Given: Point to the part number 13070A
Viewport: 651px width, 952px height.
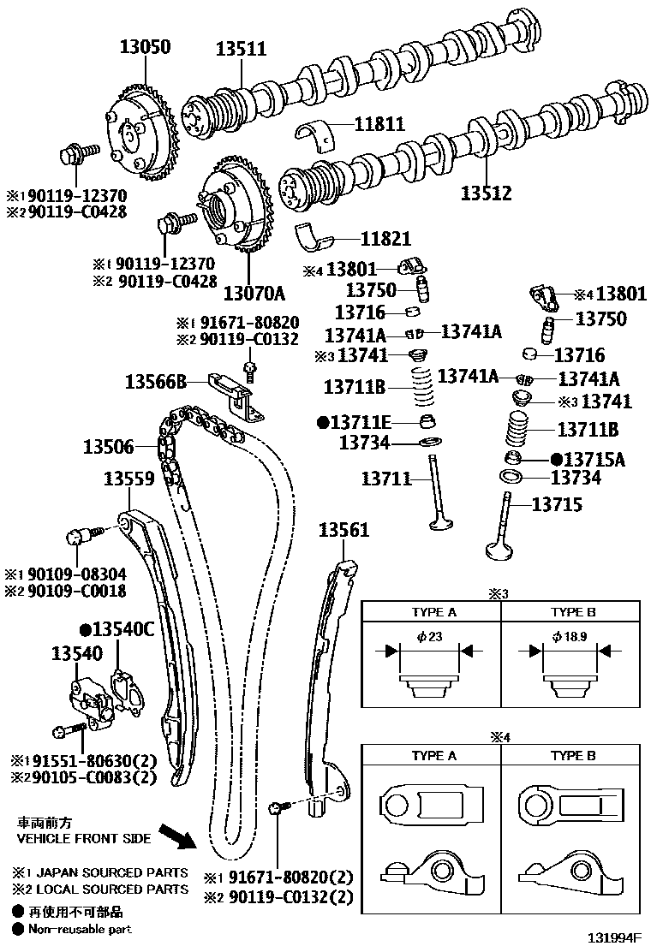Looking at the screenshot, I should (x=254, y=294).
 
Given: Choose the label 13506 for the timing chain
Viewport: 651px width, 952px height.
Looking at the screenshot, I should (x=108, y=446).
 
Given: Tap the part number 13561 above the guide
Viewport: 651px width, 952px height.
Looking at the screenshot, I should (x=344, y=530).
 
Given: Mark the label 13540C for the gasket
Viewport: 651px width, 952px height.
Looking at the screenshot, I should (x=122, y=630).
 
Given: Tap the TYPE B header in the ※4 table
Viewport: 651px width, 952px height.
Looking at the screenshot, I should (x=573, y=756).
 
